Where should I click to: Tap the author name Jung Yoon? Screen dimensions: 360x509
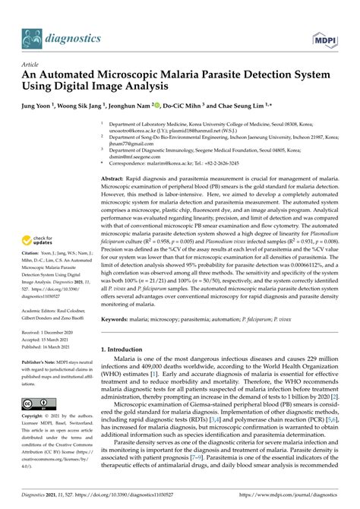[x=39, y=106]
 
